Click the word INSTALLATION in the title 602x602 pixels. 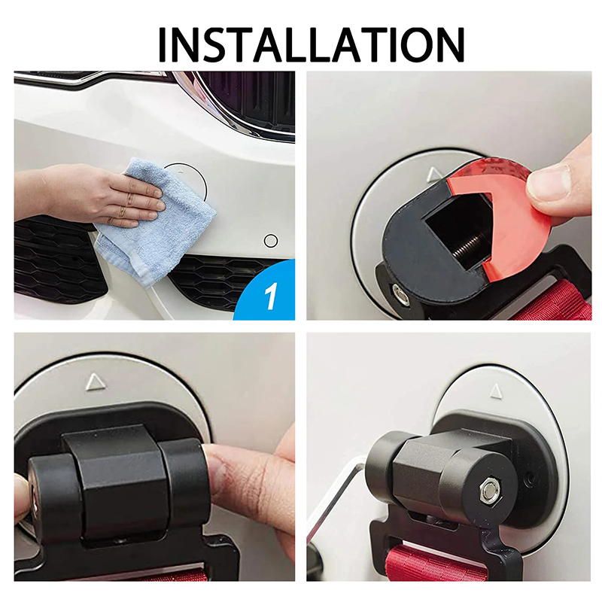pyautogui.click(x=311, y=45)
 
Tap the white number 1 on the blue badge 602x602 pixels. pyautogui.click(x=271, y=296)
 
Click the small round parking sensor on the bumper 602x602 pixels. pyautogui.click(x=271, y=241)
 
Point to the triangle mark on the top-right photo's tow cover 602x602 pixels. pyautogui.click(x=435, y=175)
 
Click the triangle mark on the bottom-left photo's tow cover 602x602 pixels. pyautogui.click(x=96, y=382)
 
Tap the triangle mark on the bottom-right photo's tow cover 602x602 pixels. pyautogui.click(x=496, y=391)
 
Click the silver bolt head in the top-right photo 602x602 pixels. pyautogui.click(x=401, y=294)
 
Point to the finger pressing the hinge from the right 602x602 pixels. pyautogui.click(x=250, y=484)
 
